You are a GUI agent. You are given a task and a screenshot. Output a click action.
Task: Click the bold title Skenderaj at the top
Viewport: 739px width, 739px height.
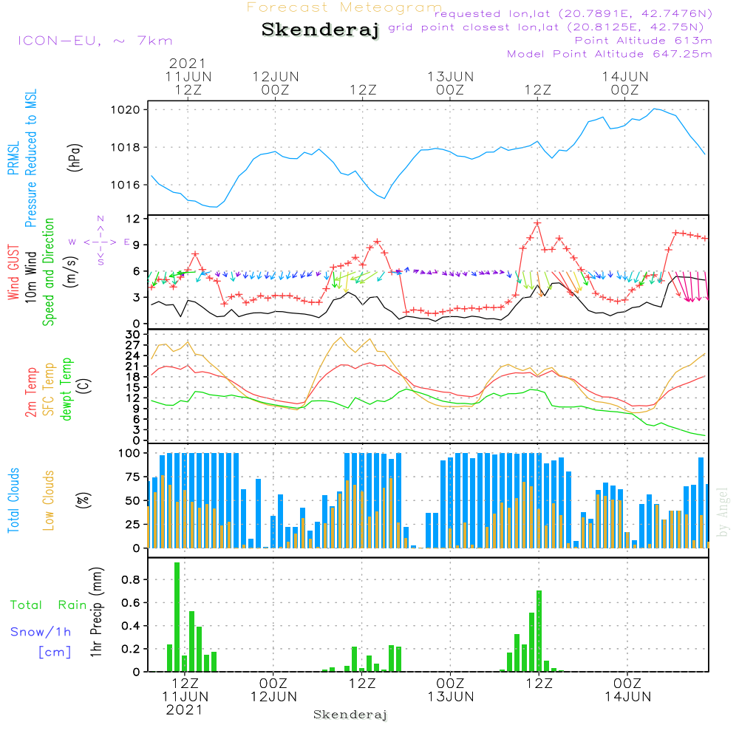point(320,30)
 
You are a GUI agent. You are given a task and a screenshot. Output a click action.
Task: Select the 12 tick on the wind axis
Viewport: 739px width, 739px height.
point(134,219)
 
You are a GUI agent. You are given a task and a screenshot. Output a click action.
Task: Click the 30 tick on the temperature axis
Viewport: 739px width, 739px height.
point(134,335)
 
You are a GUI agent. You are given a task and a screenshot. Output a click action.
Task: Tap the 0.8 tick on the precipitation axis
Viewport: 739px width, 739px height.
point(132,580)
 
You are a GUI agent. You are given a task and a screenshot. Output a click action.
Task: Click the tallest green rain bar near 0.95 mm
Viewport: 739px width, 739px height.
point(177,617)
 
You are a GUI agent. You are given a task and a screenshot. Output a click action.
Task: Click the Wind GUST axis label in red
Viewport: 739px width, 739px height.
point(13,273)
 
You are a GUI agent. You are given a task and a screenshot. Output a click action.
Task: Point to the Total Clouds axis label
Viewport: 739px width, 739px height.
point(13,500)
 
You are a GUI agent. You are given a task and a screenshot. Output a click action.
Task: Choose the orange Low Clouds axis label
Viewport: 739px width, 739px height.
point(49,500)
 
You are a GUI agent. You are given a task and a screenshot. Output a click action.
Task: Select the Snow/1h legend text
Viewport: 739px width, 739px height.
point(41,632)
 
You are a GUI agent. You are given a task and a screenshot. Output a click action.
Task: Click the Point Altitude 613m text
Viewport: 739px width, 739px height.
point(643,40)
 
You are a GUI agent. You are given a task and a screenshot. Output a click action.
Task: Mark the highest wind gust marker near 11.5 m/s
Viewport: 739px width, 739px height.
point(538,222)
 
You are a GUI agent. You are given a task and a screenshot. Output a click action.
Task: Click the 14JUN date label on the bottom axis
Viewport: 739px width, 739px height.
point(627,696)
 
